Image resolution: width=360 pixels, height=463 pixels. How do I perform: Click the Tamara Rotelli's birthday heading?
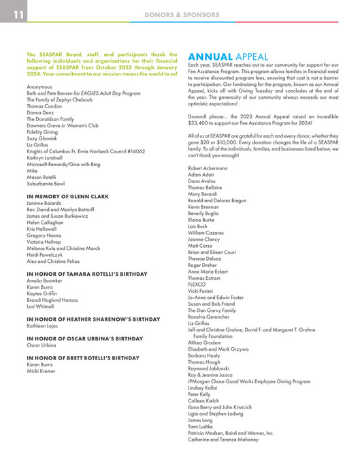(x=86, y=273)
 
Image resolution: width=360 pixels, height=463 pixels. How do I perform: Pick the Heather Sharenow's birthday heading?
(x=93, y=319)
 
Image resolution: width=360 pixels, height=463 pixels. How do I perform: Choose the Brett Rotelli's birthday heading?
(x=82, y=357)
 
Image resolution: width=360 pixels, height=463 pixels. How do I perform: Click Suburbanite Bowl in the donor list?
(x=46, y=183)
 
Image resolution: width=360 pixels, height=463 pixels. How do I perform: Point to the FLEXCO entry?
(x=197, y=283)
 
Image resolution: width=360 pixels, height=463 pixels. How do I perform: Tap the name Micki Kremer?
(x=42, y=372)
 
